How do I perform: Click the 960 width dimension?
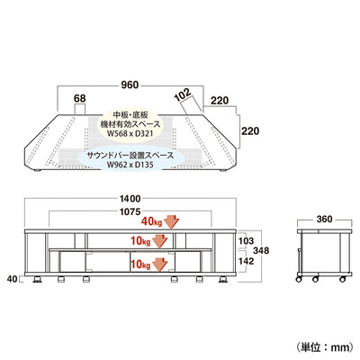130,85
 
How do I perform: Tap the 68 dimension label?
80,98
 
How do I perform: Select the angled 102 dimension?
183,94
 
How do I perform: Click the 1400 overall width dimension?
130,199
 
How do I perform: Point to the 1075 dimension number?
130,212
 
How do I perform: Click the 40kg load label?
151,221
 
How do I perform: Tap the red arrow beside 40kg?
171,222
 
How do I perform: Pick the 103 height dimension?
246,241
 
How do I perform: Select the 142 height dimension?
246,261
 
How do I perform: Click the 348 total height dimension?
261,250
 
